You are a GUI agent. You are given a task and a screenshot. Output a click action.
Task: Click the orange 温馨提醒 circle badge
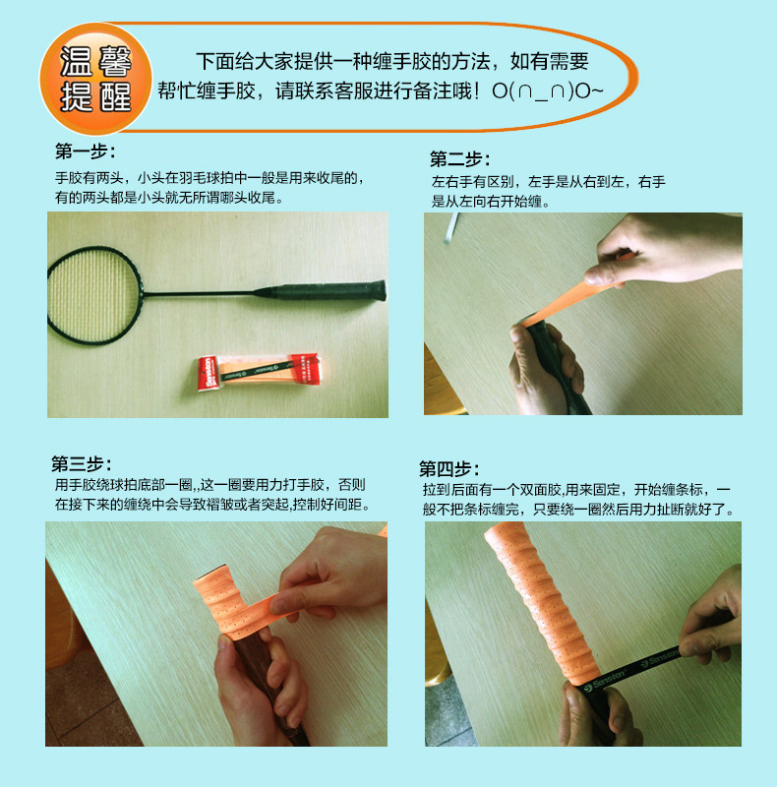(x=95, y=79)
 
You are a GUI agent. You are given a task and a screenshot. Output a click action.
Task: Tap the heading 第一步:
(x=86, y=151)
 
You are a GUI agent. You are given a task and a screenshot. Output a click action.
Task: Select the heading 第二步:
(x=459, y=159)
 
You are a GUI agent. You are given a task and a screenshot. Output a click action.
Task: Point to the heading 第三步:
(x=82, y=463)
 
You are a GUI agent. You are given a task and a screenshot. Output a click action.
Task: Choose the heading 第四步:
(x=449, y=469)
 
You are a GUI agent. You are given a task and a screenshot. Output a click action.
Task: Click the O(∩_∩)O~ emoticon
(x=547, y=91)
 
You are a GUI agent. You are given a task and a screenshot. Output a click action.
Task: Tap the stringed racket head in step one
(x=93, y=295)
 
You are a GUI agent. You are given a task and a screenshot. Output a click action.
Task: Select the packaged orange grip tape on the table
(x=259, y=372)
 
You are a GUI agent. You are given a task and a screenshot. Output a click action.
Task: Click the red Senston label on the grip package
(x=208, y=374)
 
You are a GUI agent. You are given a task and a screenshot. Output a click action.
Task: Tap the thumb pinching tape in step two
(x=605, y=274)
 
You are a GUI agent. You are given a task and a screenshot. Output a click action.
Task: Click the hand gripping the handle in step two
(x=545, y=367)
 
